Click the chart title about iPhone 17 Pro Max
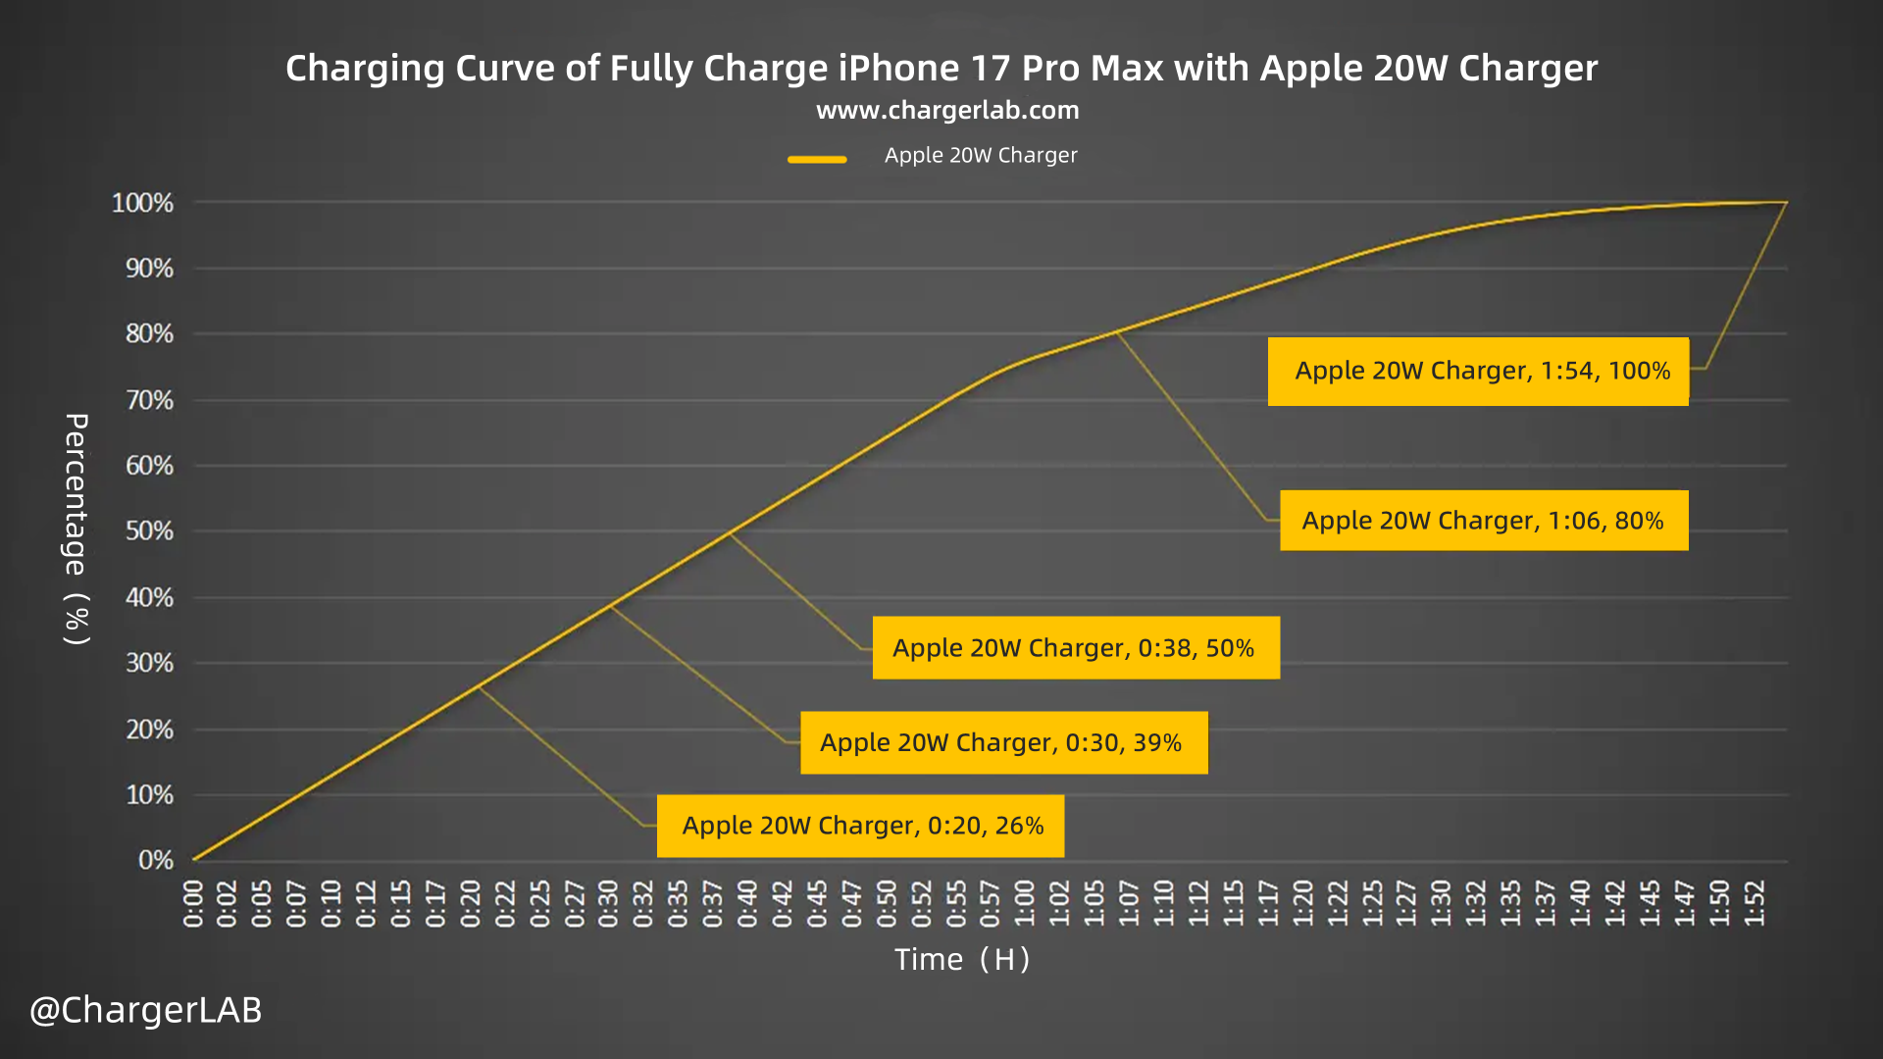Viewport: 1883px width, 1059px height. click(941, 69)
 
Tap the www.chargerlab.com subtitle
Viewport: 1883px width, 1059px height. click(947, 110)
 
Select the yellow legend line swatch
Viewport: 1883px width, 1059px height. click(817, 159)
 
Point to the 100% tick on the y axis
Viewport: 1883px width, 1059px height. click(142, 203)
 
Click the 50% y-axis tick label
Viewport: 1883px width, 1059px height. click(149, 531)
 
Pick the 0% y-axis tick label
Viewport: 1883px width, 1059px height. click(156, 860)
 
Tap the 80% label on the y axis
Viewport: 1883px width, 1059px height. click(149, 334)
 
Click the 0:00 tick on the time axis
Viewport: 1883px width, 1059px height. click(193, 903)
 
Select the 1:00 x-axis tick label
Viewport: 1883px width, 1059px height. click(1025, 903)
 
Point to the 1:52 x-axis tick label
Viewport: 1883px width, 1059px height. click(1754, 903)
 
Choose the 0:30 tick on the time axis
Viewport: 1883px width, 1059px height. click(609, 903)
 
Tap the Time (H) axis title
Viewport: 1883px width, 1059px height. click(962, 959)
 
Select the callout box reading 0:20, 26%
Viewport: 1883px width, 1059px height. click(860, 826)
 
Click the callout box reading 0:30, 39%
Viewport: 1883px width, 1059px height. click(1003, 742)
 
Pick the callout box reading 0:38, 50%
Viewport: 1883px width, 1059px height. click(1076, 647)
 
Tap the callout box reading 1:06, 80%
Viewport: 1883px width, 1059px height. click(1483, 520)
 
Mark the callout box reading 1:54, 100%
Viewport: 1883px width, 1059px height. click(1478, 371)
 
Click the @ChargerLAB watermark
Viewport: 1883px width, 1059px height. click(146, 1010)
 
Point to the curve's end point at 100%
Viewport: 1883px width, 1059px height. click(1786, 202)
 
